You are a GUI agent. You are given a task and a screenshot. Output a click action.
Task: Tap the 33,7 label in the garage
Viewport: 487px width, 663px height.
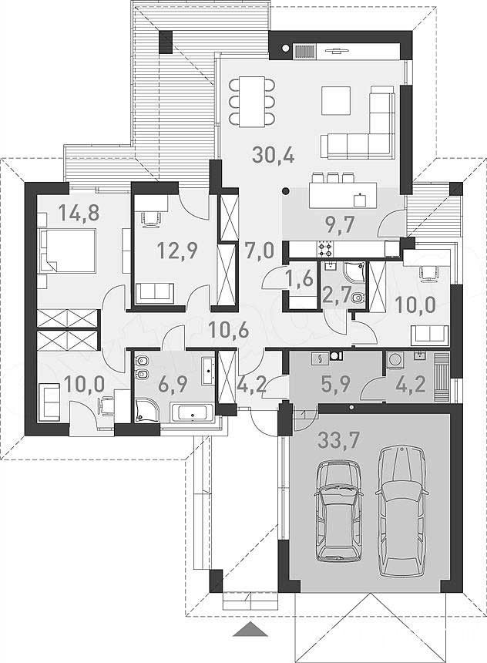tap(338, 440)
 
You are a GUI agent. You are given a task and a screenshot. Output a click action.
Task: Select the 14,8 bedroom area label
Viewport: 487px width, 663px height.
tap(79, 212)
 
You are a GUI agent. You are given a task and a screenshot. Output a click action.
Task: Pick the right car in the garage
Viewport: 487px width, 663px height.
tap(402, 511)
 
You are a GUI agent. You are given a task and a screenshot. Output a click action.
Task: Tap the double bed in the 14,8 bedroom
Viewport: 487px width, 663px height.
tap(68, 251)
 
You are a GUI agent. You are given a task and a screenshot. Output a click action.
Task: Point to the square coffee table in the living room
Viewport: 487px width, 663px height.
tap(336, 101)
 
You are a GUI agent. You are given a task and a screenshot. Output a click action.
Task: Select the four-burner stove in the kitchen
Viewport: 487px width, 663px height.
tap(325, 248)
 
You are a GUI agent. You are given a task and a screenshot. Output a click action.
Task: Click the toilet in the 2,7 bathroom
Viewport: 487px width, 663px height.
tap(358, 298)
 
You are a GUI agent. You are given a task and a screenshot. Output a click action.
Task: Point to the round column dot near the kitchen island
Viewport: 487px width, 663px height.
tap(286, 190)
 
